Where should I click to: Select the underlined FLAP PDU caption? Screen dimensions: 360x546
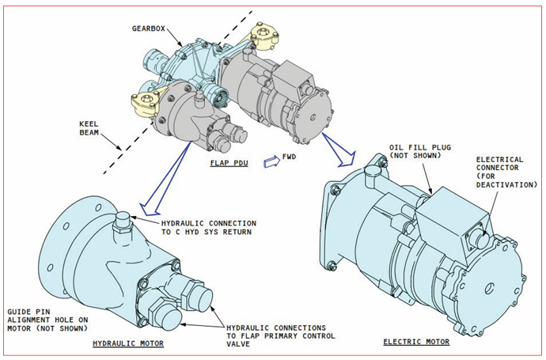229,163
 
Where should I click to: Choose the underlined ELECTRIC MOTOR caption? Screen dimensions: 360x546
416,342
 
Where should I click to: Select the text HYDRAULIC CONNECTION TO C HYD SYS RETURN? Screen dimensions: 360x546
207,226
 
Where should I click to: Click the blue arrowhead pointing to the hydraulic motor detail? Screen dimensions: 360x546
146,209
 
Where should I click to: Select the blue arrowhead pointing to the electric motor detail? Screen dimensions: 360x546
341,161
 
